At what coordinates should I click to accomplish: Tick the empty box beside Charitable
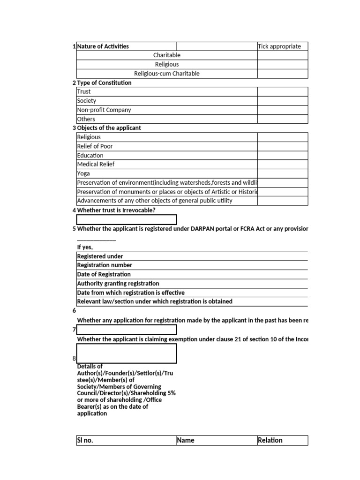coord(282,55)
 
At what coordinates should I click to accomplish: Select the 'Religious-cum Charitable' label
coord(166,74)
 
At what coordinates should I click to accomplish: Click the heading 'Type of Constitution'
coord(104,82)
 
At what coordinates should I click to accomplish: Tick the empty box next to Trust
coord(282,92)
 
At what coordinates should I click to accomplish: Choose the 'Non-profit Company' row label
coord(104,110)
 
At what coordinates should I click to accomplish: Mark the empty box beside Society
coord(282,101)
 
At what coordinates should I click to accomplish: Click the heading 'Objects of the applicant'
coord(109,128)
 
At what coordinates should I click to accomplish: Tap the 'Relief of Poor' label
coord(95,146)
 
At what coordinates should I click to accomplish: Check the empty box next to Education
coord(282,156)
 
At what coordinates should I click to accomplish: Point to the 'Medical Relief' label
coord(96,165)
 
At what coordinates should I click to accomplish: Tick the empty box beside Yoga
coord(282,173)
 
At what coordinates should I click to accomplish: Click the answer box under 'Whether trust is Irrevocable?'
coord(127,220)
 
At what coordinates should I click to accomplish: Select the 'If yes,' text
coord(85,247)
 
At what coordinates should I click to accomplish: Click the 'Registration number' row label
coord(105,265)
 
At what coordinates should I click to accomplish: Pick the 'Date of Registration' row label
coord(104,274)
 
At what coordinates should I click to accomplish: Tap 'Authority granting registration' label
coord(118,284)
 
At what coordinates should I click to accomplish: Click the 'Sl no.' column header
coord(85,441)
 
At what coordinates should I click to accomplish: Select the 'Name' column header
coord(186,441)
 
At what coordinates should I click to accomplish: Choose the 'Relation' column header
coord(270,441)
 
